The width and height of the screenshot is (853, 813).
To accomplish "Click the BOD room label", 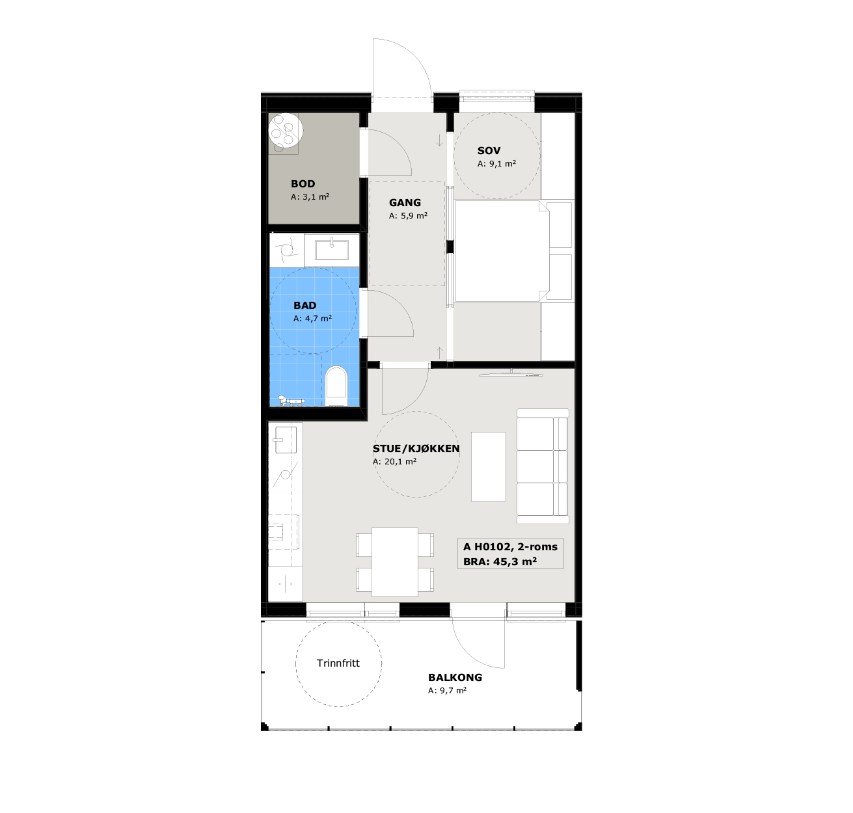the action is tap(303, 183).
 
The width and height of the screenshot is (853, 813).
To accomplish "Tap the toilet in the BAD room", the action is tap(336, 386).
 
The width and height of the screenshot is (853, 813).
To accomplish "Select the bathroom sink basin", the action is tap(332, 250).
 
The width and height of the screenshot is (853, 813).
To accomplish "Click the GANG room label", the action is tap(405, 202).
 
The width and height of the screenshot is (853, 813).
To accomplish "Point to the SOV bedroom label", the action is tap(489, 150).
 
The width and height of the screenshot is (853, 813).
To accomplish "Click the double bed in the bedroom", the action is tap(501, 251).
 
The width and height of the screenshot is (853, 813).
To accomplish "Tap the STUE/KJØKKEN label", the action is tap(416, 449).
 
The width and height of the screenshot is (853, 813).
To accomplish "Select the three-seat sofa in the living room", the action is tap(543, 466).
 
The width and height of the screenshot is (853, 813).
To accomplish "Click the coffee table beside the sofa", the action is tap(489, 466).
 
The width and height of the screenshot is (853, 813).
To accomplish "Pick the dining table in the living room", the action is tap(395, 562).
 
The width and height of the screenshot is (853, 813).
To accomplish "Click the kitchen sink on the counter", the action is tap(284, 440).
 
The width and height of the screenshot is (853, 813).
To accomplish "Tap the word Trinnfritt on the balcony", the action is tap(338, 663).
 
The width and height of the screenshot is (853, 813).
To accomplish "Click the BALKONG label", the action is tap(455, 677).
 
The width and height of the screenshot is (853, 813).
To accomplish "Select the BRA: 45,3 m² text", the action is tap(500, 561).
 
